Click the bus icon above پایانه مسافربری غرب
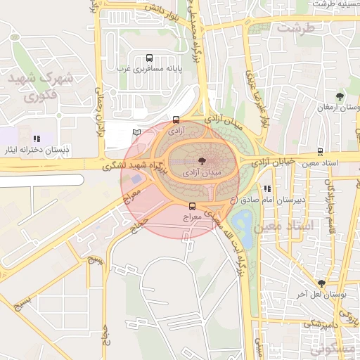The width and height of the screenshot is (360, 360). [148, 58]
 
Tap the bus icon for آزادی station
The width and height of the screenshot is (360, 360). [176, 120]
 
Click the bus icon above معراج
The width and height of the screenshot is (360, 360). [192, 206]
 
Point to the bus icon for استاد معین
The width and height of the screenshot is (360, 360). [321, 151]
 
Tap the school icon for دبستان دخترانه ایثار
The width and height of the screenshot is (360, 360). [37, 139]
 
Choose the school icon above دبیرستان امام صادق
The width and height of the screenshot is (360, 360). [267, 188]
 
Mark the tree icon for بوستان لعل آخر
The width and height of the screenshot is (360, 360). [321, 284]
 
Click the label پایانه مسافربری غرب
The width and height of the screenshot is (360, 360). [149, 70]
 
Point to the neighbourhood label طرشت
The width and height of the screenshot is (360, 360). [295, 28]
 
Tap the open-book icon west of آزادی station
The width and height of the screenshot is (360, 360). [136, 132]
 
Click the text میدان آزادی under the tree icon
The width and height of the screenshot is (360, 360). [201, 171]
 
